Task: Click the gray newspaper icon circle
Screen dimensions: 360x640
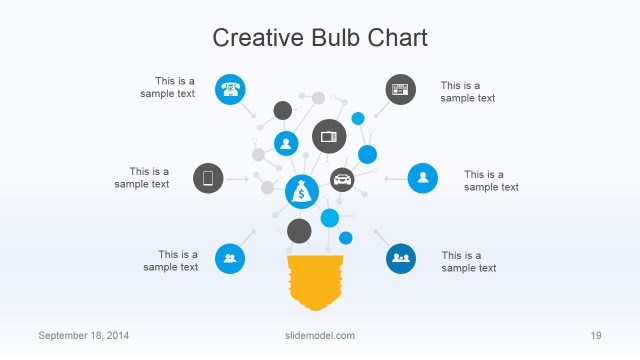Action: [x=401, y=89]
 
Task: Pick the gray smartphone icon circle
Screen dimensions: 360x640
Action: [x=208, y=178]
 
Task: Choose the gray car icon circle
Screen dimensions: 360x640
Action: [x=342, y=181]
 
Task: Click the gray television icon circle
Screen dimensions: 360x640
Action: [x=329, y=135]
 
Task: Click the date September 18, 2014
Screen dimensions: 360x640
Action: [x=83, y=335]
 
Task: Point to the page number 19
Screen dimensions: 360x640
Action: [x=595, y=335]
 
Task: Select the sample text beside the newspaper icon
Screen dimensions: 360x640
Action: [x=468, y=92]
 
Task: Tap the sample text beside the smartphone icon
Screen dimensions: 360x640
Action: [x=142, y=178]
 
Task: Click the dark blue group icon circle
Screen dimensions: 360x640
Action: [x=401, y=258]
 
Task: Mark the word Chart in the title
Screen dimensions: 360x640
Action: [x=396, y=38]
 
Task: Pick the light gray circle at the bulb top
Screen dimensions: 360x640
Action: [x=318, y=98]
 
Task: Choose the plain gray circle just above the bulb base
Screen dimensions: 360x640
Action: [x=299, y=231]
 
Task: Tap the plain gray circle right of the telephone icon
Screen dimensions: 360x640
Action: [x=283, y=110]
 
